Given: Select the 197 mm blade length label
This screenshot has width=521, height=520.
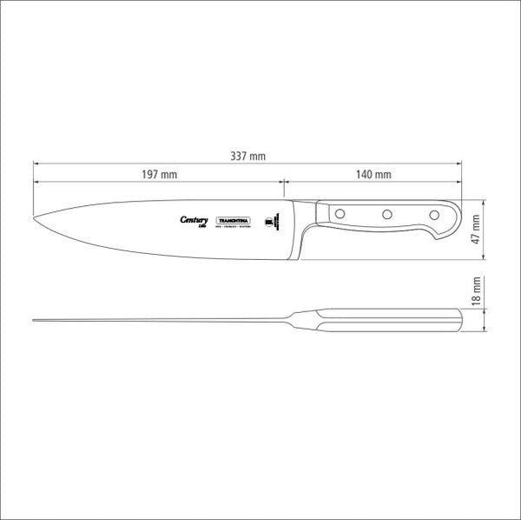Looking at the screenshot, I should tap(158, 175).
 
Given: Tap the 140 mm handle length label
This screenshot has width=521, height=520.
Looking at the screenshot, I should tap(373, 175).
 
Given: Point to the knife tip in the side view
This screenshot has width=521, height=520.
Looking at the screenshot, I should tap(39, 217).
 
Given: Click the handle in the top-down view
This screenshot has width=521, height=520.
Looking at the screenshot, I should tap(391, 320).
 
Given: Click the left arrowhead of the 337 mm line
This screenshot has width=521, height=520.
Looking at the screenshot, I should tap(36, 163).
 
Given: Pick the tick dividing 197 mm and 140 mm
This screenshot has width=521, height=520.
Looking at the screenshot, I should tap(283, 181).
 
